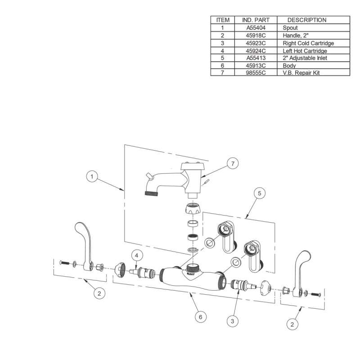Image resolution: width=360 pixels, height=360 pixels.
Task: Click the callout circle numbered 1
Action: point(92,178)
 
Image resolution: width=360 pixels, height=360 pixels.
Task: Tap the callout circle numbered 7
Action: point(232,164)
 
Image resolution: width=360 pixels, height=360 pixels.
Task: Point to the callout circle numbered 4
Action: point(137,255)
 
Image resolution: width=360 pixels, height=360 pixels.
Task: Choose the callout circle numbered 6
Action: point(201,317)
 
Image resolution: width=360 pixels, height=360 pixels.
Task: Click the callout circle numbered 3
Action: point(232,321)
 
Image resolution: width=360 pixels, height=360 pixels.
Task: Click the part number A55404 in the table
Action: point(256,28)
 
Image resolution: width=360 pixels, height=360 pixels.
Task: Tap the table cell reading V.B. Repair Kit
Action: point(301,72)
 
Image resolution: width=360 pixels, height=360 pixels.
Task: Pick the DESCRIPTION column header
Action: point(307,20)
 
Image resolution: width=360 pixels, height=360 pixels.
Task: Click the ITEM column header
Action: point(223,20)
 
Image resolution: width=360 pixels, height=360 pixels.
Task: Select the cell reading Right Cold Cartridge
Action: point(308,43)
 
